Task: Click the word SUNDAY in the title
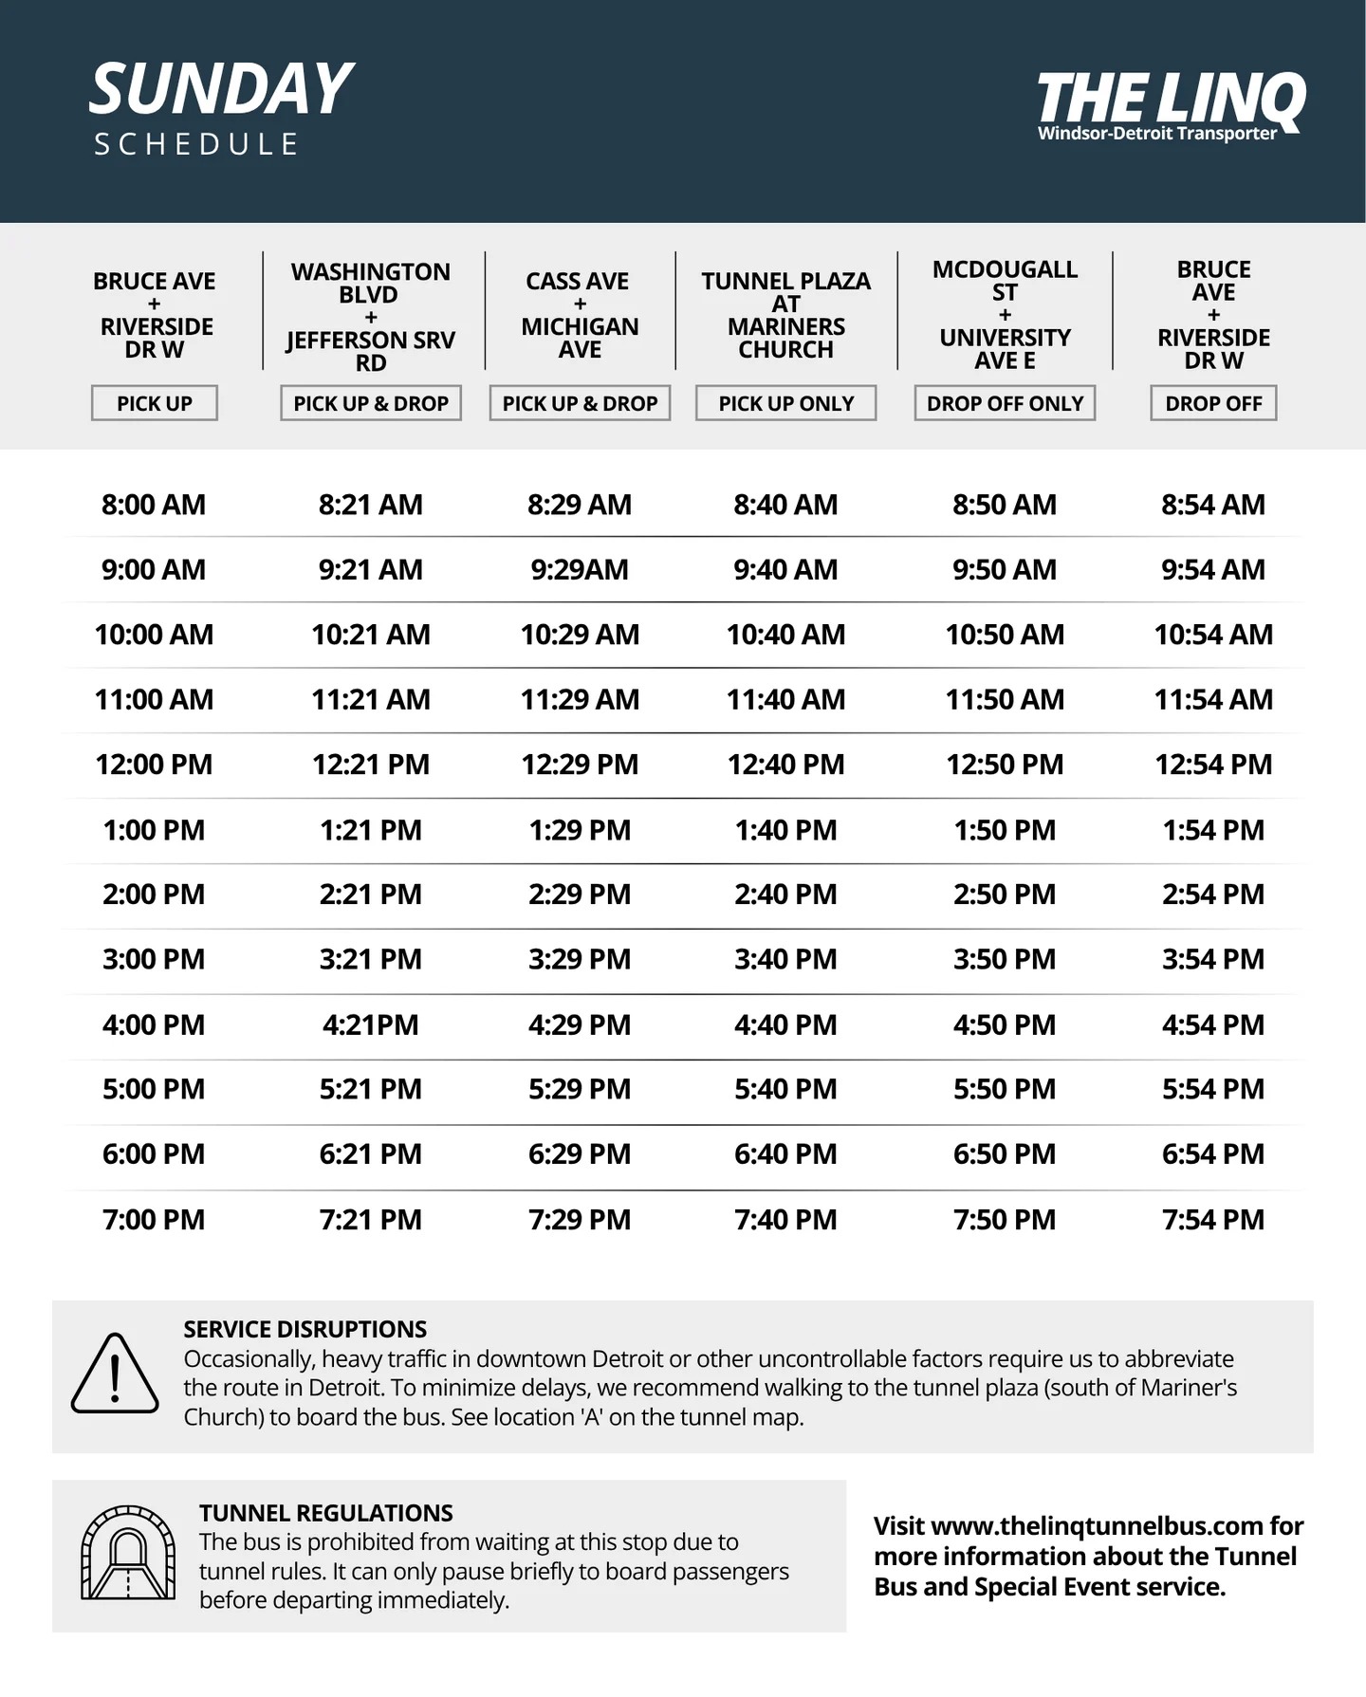point(221,90)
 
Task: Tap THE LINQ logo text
point(1171,99)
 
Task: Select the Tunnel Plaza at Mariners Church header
point(785,315)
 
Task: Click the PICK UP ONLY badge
point(785,403)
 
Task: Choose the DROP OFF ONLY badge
point(1005,403)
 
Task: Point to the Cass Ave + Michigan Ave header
point(579,315)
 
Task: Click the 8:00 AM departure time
point(154,505)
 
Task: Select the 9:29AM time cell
point(579,570)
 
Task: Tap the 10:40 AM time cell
point(785,635)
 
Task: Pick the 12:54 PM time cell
point(1213,765)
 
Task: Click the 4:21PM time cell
point(370,1025)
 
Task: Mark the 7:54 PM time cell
point(1213,1220)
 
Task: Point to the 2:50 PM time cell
point(1005,895)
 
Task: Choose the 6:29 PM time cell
point(579,1154)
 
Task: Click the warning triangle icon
point(115,1374)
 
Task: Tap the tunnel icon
point(128,1554)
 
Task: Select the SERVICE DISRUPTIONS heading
point(305,1329)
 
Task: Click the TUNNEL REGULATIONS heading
point(325,1513)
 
